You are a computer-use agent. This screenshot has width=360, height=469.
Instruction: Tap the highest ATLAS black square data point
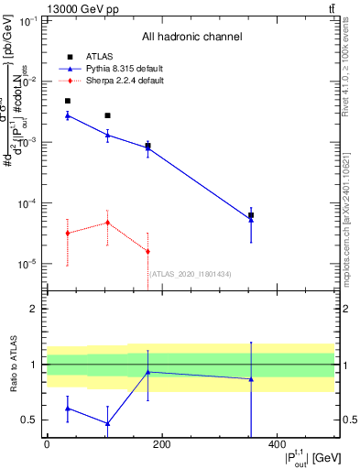pos(68,101)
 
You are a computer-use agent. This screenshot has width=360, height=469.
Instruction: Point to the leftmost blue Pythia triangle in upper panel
pos(68,115)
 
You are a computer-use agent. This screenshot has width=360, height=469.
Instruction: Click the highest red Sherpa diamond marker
pos(108,223)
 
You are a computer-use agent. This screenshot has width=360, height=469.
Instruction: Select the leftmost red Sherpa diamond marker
pos(68,234)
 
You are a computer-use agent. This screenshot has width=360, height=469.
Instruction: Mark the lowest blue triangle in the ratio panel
pos(108,423)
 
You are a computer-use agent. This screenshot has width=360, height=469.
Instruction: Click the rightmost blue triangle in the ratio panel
pos(251,378)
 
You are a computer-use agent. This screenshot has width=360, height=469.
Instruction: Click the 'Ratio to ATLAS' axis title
pos(12,365)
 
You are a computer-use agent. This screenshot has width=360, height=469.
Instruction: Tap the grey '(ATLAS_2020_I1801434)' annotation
pos(190,274)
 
